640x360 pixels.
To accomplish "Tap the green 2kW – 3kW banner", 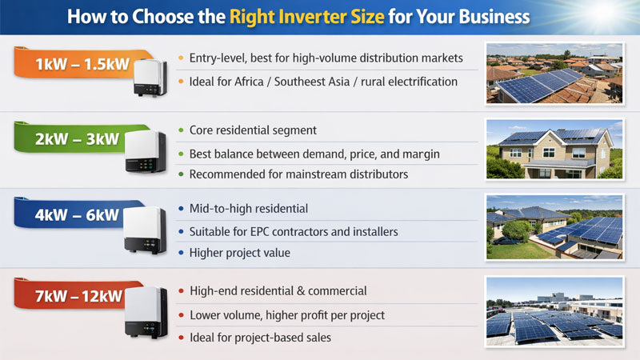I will (77, 139).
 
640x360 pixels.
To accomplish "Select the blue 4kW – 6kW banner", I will (77, 214).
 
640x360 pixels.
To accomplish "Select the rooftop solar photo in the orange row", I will (554, 74).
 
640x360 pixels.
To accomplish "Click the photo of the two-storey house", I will (554, 150).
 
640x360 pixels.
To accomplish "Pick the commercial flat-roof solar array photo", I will (554, 310).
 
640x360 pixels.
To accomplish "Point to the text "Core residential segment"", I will (253, 130).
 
